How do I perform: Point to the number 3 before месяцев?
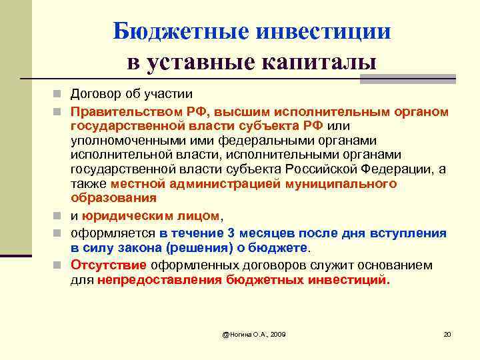point(231,233)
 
